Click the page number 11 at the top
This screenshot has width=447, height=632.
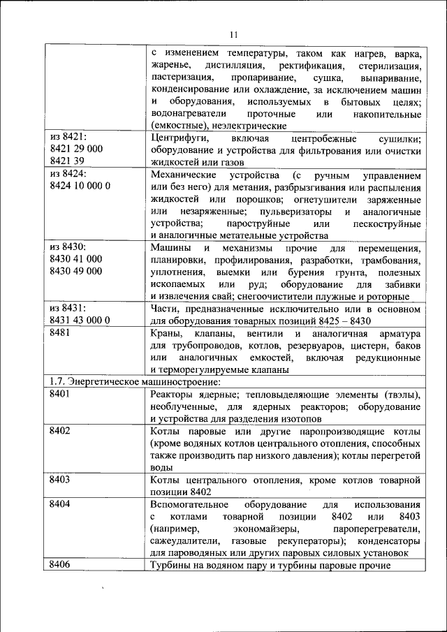pos(233,34)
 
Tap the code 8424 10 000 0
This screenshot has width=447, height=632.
pos(81,186)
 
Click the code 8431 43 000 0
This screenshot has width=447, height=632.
pos(81,320)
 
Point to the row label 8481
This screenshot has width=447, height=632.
pos(61,333)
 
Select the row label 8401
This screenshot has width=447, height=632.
pos(61,395)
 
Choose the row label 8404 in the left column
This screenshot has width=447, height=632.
pos(61,504)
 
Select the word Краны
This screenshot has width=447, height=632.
pos(165,333)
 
